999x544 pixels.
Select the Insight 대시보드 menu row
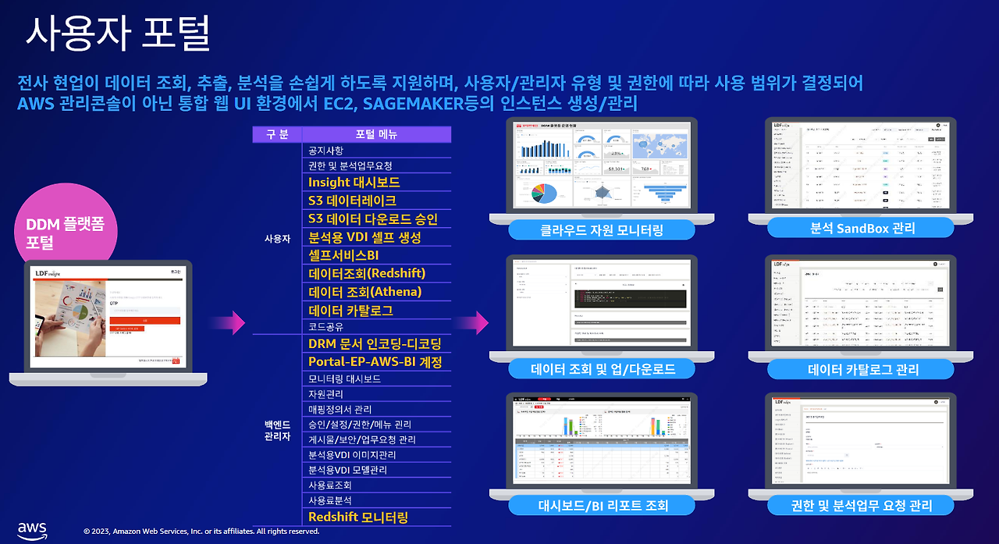(354, 182)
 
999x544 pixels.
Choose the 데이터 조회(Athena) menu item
(364, 291)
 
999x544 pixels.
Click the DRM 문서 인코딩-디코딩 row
(375, 343)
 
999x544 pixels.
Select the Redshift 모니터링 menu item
(358, 517)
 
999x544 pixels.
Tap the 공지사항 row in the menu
(325, 150)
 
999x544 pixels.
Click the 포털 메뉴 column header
(376, 134)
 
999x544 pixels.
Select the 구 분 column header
(277, 134)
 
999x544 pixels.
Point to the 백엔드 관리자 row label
(277, 430)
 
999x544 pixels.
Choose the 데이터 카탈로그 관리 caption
(862, 369)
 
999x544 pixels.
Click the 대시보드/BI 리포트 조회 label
(603, 505)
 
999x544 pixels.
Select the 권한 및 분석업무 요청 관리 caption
(861, 505)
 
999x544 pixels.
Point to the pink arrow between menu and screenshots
(473, 322)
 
